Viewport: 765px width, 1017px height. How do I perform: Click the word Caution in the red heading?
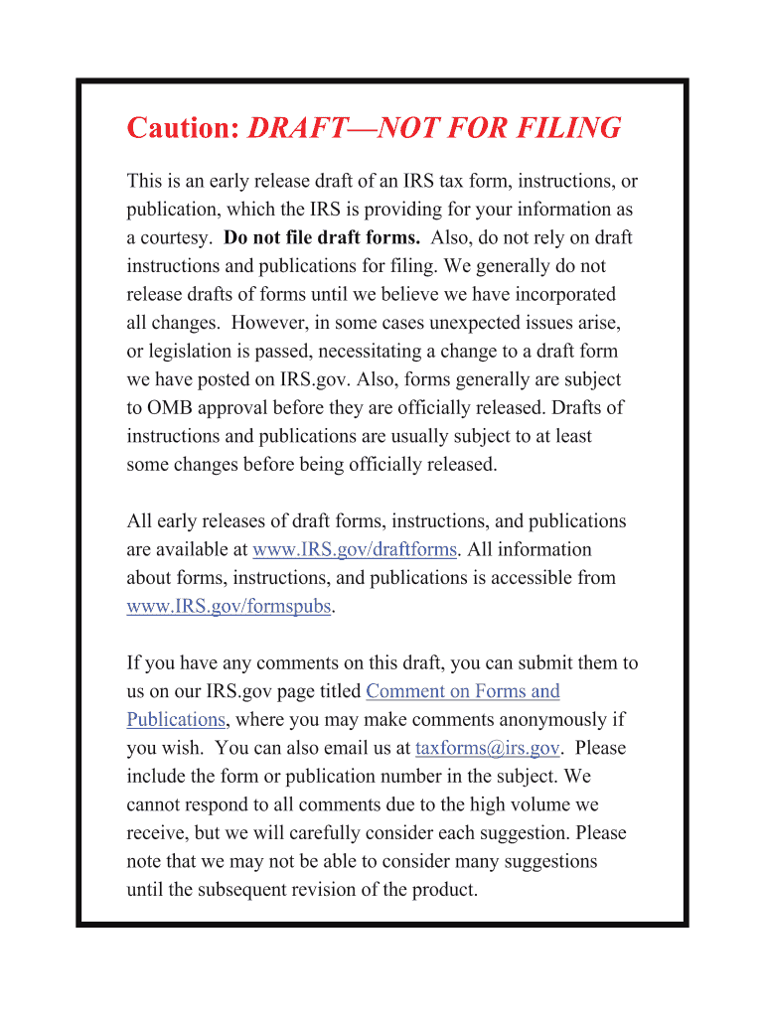coord(183,128)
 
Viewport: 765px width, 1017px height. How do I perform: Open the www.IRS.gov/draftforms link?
coord(355,549)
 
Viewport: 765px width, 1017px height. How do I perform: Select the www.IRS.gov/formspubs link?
coord(229,606)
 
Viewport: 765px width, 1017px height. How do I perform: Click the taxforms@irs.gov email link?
coord(488,748)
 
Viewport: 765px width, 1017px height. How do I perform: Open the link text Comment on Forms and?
coord(463,691)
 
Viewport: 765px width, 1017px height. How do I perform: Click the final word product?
coord(444,889)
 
